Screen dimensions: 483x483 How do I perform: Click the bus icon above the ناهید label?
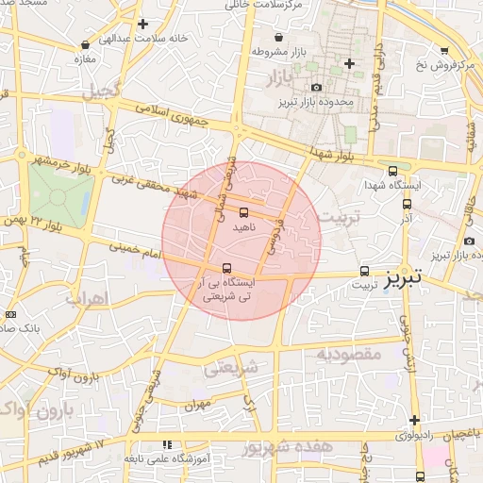(244, 211)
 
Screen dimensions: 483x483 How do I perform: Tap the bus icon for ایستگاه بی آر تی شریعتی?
(226, 268)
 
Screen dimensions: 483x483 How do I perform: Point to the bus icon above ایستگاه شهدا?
(392, 171)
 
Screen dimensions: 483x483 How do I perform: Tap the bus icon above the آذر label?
(407, 203)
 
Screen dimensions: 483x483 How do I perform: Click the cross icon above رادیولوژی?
(413, 420)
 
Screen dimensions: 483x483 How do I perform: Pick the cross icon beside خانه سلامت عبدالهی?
(142, 24)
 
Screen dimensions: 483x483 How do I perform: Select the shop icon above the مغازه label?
(86, 44)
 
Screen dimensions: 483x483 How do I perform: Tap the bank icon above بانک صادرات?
(10, 314)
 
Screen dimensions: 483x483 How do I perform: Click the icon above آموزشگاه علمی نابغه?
(167, 444)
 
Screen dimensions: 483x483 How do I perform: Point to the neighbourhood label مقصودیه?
(348, 356)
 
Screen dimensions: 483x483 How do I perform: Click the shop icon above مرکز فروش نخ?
(444, 51)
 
